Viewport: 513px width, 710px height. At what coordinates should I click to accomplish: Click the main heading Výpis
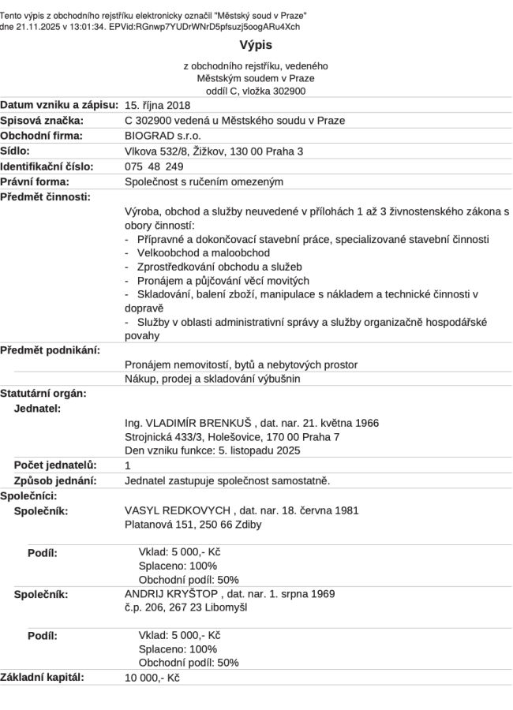pyautogui.click(x=256, y=46)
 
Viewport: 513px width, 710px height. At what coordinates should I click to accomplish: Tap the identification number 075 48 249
pyautogui.click(x=155, y=166)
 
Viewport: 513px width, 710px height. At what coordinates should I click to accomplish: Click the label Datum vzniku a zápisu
pyautogui.click(x=59, y=105)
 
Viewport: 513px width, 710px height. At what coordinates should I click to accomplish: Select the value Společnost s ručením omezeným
pyautogui.click(x=204, y=181)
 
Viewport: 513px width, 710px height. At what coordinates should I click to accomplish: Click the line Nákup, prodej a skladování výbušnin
pyautogui.click(x=212, y=379)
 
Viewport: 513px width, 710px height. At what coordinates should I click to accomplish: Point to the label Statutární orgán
pyautogui.click(x=43, y=393)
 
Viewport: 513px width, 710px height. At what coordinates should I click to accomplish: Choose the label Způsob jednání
pyautogui.click(x=55, y=480)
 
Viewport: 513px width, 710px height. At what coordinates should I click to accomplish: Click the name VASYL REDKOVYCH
pyautogui.click(x=178, y=510)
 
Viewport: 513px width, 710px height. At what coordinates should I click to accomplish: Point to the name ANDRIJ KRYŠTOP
pyautogui.click(x=172, y=593)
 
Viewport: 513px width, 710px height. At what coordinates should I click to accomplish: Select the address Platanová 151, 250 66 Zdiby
pyautogui.click(x=193, y=524)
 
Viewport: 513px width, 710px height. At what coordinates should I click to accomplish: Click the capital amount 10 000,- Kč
pyautogui.click(x=152, y=677)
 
